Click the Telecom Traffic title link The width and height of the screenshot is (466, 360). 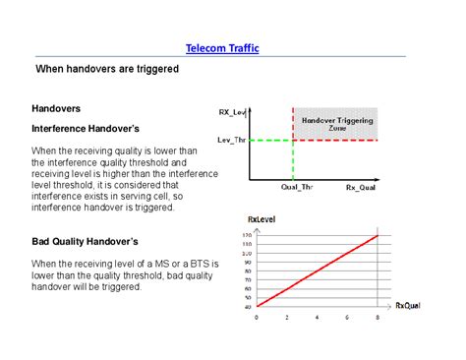tap(222, 48)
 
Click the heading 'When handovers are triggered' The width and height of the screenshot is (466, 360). tap(106, 71)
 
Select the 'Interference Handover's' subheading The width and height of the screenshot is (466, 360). tap(87, 129)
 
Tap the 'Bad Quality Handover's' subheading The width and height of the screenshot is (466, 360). tap(85, 241)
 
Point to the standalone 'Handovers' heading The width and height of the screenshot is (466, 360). tap(56, 108)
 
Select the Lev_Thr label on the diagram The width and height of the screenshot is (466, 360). tap(233, 140)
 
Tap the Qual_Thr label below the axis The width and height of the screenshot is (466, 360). tap(296, 186)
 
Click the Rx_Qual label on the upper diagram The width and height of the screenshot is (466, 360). tap(361, 186)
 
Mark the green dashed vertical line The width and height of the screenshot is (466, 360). tap(293, 157)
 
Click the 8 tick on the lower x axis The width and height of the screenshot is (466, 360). tap(379, 317)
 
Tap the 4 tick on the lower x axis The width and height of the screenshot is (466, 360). tap(318, 317)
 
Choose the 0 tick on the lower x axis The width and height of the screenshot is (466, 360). tap(257, 317)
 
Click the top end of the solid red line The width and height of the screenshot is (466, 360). tap(379, 235)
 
